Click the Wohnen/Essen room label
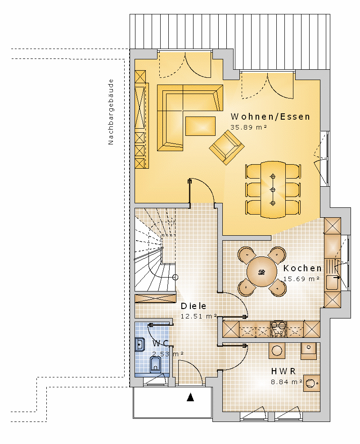pyautogui.click(x=270, y=117)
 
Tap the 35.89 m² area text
pyautogui.click(x=248, y=127)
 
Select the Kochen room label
pyautogui.click(x=302, y=268)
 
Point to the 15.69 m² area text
pyautogui.click(x=301, y=279)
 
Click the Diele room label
pyautogui.click(x=193, y=306)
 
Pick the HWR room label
pyautogui.click(x=283, y=371)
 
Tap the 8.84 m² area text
pyautogui.click(x=287, y=382)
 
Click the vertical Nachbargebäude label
pyautogui.click(x=111, y=112)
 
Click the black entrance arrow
pyautogui.click(x=190, y=397)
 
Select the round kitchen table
pyautogui.click(x=262, y=272)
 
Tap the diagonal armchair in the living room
pyautogui.click(x=227, y=147)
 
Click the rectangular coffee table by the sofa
pyautogui.click(x=200, y=126)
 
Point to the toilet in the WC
pyautogui.click(x=155, y=364)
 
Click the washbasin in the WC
pyautogui.click(x=140, y=345)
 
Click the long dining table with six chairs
pyautogui.click(x=273, y=189)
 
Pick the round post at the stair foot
pyautogui.click(x=175, y=277)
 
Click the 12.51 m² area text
pyautogui.click(x=198, y=316)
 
